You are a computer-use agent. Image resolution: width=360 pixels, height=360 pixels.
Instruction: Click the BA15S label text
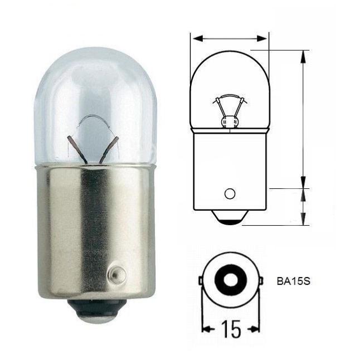[x=294, y=281]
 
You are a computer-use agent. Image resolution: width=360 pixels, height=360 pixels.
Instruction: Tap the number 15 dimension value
[x=231, y=329]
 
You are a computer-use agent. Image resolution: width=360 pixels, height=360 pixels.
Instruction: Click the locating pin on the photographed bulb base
[x=116, y=274]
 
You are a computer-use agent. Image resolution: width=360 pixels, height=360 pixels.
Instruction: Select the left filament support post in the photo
[x=77, y=150]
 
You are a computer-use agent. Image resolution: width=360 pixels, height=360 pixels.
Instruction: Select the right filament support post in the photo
[x=109, y=150]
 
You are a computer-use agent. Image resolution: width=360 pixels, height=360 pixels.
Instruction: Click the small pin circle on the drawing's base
[x=230, y=193]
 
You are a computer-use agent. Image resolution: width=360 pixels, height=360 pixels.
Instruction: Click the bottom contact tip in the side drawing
[x=230, y=217]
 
